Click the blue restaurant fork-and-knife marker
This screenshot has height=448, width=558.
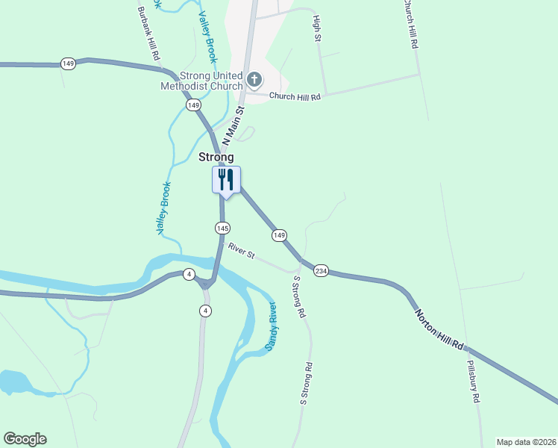(226, 180)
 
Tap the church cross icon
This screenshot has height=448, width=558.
(254, 79)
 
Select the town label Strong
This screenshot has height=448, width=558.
(216, 158)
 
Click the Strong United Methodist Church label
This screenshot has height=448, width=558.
(201, 81)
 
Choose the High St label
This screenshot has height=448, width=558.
(317, 28)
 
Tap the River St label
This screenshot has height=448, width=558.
(242, 252)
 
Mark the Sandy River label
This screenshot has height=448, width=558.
(270, 328)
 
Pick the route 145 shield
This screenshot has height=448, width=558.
(222, 227)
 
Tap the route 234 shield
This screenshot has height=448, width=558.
(321, 270)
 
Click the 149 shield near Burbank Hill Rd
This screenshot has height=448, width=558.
(69, 64)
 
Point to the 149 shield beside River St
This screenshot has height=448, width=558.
(279, 235)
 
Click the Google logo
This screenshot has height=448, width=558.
(25, 439)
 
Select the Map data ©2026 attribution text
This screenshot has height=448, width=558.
(526, 442)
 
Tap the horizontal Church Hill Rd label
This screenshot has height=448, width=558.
(295, 97)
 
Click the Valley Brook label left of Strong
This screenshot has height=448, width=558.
(164, 209)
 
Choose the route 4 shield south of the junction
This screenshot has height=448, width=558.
(206, 311)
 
